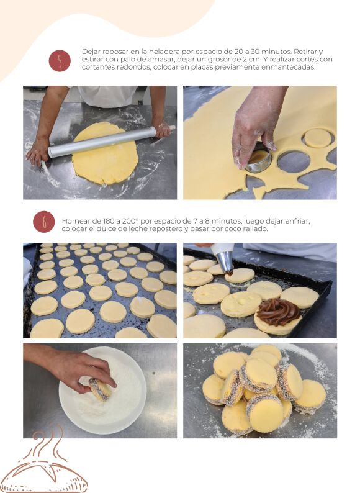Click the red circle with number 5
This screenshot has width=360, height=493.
pyautogui.click(x=60, y=61)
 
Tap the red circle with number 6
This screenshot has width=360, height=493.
pyautogui.click(x=44, y=222)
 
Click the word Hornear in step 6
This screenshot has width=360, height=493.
pyautogui.click(x=74, y=221)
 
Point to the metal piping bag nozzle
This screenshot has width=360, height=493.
pyautogui.click(x=225, y=261)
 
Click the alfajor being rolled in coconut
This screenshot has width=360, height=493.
pyautogui.click(x=100, y=389)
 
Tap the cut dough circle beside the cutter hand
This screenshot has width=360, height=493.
pyautogui.click(x=318, y=138)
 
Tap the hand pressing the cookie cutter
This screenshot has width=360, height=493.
pyautogui.click(x=254, y=126)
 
